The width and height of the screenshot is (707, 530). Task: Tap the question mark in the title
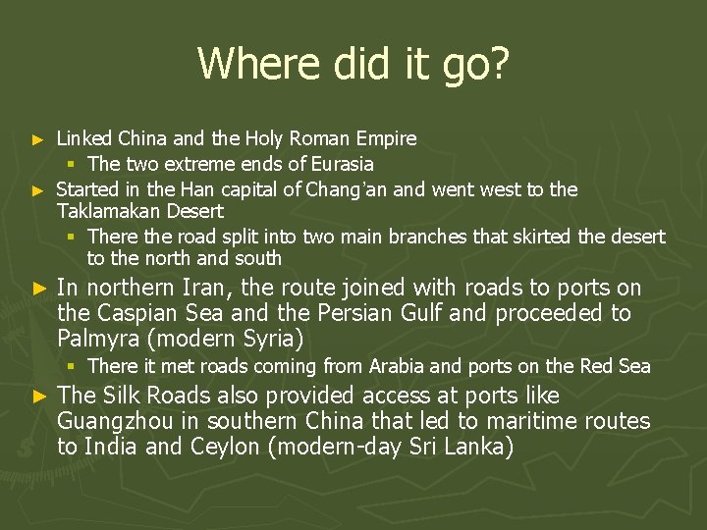(499, 63)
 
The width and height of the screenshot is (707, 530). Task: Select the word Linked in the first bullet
(85, 138)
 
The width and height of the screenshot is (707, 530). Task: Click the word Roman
(314, 138)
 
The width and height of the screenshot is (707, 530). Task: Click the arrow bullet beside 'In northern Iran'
(39, 290)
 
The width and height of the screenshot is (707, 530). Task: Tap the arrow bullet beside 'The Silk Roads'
(39, 397)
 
